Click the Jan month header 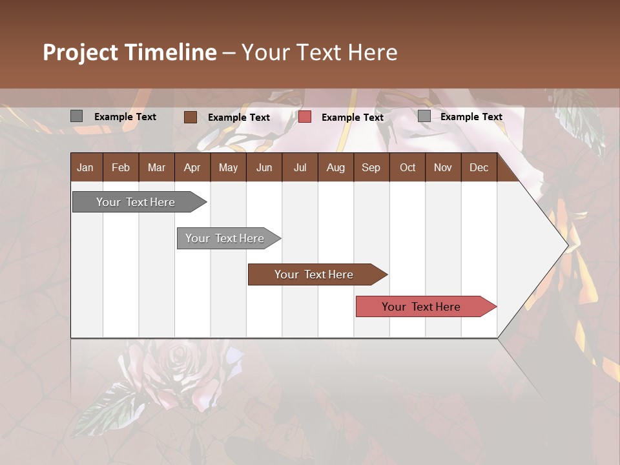click(85, 167)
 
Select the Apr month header click(192, 167)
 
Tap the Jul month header click(300, 167)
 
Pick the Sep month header click(371, 167)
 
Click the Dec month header click(479, 167)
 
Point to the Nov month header click(442, 167)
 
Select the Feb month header click(121, 167)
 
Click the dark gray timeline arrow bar click(136, 202)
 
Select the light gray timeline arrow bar click(225, 238)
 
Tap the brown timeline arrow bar click(314, 274)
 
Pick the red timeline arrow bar click(421, 307)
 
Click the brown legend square click(190, 117)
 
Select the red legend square click(305, 117)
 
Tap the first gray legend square click(76, 116)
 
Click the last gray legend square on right click(424, 116)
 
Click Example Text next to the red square click(352, 118)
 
